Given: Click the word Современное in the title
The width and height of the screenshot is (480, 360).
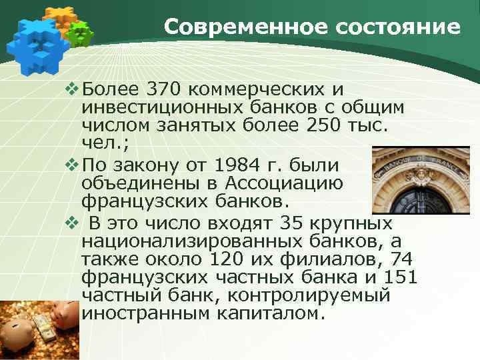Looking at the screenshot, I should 231,27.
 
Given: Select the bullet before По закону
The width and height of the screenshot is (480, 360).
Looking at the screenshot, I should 73,164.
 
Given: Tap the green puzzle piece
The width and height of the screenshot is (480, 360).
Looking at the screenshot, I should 81,33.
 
